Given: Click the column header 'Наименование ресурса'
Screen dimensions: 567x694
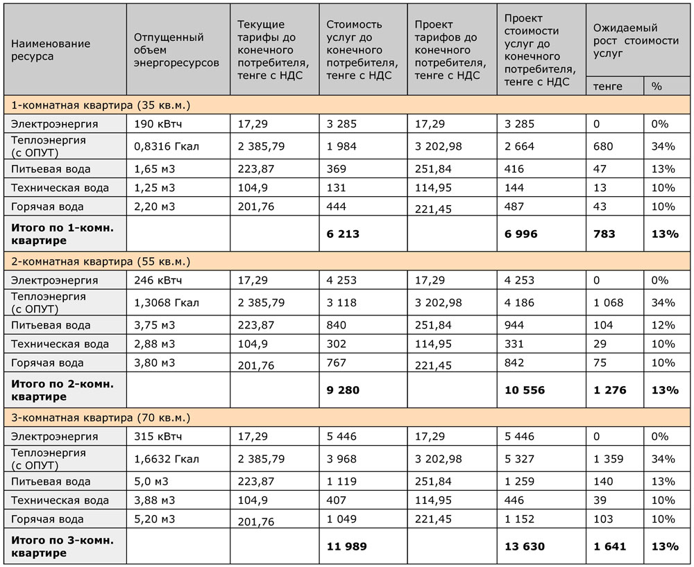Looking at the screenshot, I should (x=51, y=50).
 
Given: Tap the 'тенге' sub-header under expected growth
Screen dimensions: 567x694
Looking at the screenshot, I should (x=608, y=86).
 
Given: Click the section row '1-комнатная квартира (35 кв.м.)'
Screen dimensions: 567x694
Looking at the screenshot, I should (x=101, y=105).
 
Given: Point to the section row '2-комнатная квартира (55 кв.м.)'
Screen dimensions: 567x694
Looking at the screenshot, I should (x=101, y=262).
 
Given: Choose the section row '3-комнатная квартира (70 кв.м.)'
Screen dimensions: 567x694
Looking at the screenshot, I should (x=101, y=419).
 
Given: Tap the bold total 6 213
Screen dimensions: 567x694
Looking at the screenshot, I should (x=343, y=234).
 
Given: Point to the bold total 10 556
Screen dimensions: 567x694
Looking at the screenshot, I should (x=524, y=390).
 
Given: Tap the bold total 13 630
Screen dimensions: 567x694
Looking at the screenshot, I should (x=524, y=546).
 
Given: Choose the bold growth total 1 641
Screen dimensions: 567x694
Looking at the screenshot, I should (x=609, y=546).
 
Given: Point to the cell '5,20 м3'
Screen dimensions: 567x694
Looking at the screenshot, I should (x=153, y=519).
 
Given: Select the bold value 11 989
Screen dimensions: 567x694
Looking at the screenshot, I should (x=346, y=546).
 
